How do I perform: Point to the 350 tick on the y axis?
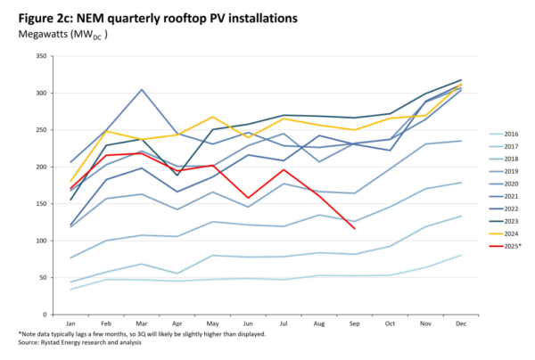41,56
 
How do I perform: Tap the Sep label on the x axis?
355,324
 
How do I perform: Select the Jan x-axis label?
72,324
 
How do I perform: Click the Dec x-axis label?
461,324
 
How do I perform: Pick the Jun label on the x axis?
249,324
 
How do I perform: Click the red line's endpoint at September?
355,229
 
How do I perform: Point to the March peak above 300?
143,89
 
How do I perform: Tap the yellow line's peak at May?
213,117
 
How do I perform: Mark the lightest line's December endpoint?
461,256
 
